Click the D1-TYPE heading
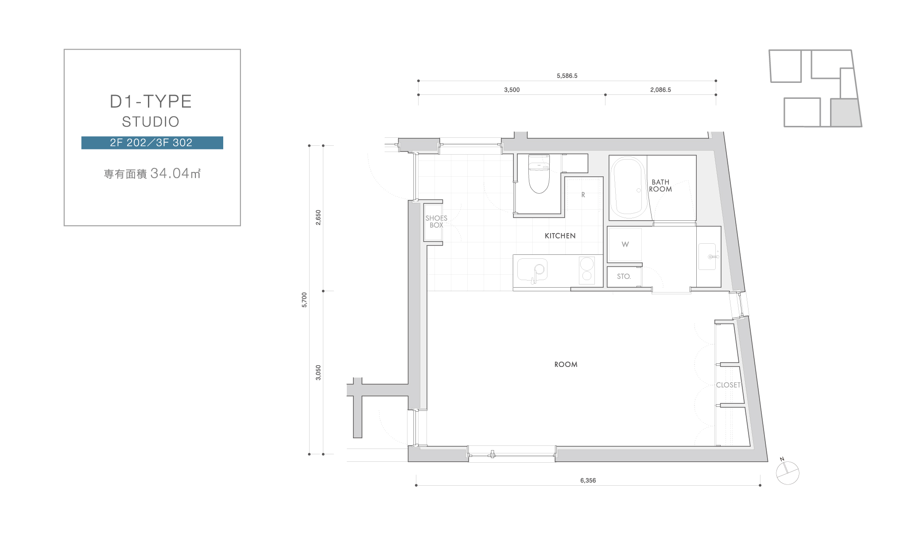151,101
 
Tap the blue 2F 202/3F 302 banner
152,143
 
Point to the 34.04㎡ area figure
175,173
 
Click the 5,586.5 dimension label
567,76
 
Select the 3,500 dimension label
512,90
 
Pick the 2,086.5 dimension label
660,90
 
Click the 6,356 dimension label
588,480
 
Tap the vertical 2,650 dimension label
318,218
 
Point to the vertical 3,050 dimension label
318,373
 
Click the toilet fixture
539,174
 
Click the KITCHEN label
560,236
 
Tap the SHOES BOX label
436,222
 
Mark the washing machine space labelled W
625,245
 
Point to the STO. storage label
624,277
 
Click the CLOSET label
728,385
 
